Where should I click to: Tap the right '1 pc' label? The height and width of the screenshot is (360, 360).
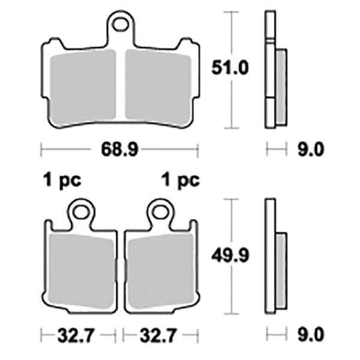[x=181, y=179]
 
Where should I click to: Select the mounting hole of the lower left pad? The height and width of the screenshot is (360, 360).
[x=81, y=211]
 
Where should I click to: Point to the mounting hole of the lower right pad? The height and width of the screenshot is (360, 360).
[x=159, y=211]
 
